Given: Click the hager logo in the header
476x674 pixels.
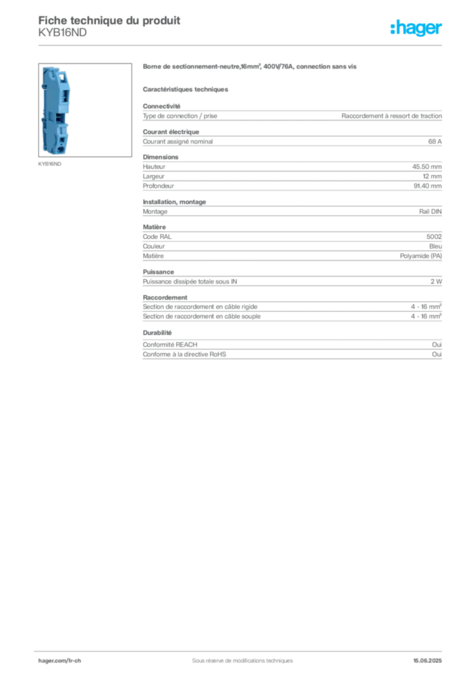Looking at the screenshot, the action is (416, 28).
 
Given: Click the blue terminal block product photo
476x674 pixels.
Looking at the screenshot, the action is (57, 110).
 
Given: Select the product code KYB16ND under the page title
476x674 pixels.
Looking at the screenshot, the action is (62, 33).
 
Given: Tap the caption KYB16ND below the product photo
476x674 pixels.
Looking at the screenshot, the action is (50, 164).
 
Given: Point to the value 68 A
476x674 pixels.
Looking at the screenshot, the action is (435, 142).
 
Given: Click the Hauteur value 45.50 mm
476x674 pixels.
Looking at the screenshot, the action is (427, 167).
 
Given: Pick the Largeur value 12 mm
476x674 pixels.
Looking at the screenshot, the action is (432, 176).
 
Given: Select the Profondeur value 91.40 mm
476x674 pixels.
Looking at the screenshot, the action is (427, 186).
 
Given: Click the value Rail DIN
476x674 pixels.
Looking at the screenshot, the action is (431, 211).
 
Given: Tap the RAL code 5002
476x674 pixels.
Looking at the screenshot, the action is (434, 237).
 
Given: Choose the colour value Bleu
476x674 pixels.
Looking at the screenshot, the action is (436, 246).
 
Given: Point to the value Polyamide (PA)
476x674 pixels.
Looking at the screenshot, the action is (421, 256).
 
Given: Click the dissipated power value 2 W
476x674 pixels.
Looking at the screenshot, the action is (436, 282).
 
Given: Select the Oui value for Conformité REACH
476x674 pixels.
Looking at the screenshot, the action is (437, 345).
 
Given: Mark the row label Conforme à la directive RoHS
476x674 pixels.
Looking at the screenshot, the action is (185, 354).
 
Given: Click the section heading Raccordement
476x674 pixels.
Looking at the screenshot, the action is (165, 298).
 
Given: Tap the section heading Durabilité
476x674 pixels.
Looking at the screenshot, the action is (157, 332).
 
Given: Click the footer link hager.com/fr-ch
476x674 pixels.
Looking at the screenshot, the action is (60, 661).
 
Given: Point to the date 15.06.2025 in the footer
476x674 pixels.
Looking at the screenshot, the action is (427, 661).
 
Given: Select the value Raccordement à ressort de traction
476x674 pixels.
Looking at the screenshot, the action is (392, 116).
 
